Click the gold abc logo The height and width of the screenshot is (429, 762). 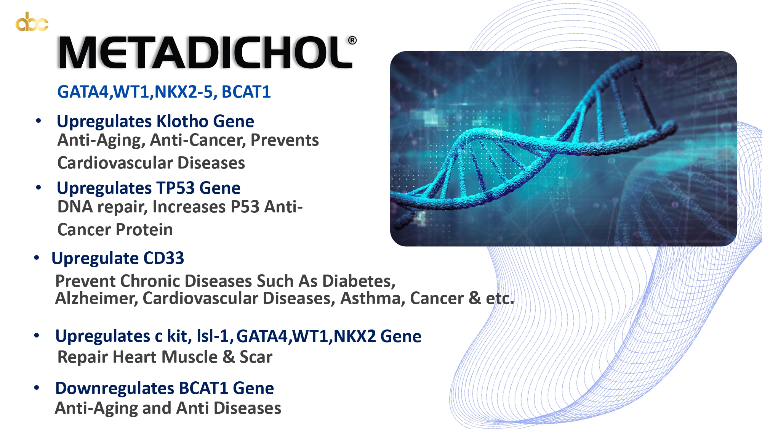(32, 22)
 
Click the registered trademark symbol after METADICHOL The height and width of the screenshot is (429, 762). (352, 40)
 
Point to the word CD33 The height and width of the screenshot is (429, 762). (163, 258)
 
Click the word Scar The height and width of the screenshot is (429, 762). (256, 357)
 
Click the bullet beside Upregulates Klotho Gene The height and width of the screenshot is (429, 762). (38, 121)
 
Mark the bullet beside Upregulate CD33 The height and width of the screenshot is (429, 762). (37, 258)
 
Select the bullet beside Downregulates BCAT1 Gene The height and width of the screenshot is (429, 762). (37, 388)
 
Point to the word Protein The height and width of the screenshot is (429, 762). (144, 230)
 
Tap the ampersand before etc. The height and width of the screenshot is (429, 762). (475, 298)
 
